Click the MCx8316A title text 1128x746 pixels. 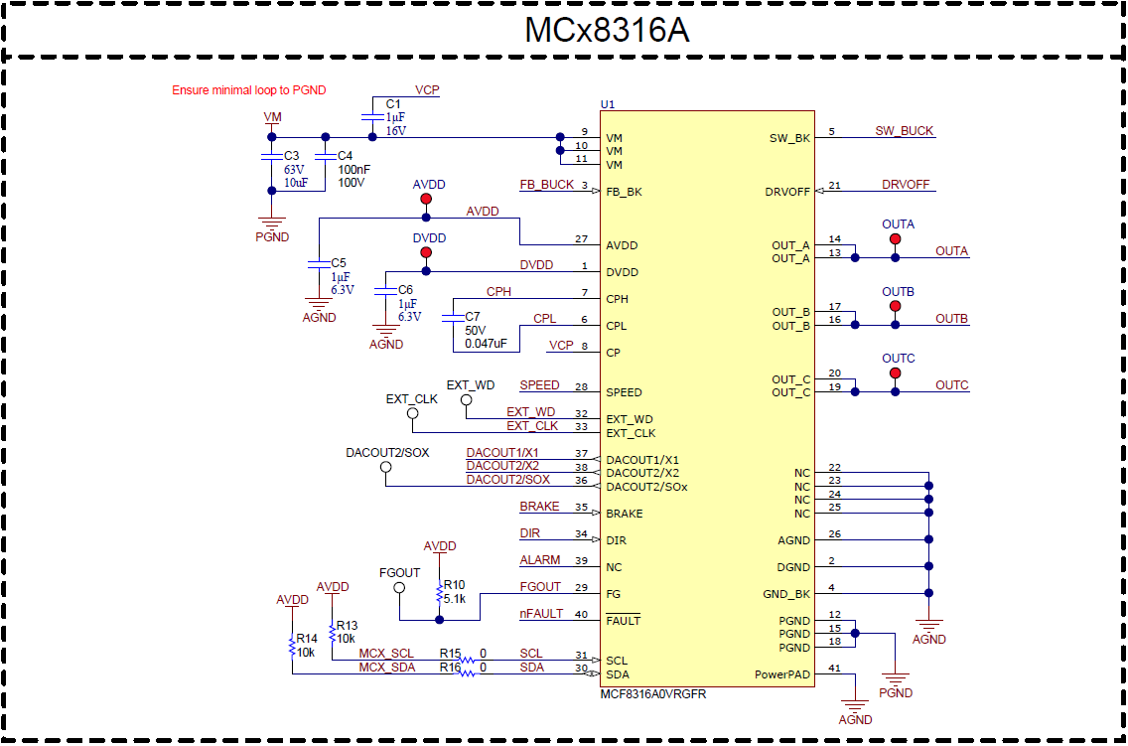pyautogui.click(x=607, y=31)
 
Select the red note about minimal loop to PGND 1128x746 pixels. pyautogui.click(x=248, y=90)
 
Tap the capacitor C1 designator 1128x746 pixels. pyautogui.click(x=393, y=104)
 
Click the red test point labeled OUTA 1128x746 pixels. pyautogui.click(x=895, y=240)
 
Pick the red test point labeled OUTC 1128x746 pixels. pyautogui.click(x=895, y=373)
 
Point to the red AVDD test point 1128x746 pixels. pyautogui.click(x=426, y=200)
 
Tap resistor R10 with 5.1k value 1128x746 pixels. pyautogui.click(x=440, y=593)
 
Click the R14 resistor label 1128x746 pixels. pyautogui.click(x=307, y=639)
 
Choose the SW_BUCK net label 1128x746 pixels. pyautogui.click(x=904, y=131)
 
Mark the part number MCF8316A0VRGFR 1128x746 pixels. pyautogui.click(x=653, y=694)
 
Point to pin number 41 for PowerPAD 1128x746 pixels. pyautogui.click(x=834, y=669)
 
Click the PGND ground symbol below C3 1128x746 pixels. pyautogui.click(x=272, y=224)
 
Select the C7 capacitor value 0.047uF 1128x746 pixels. pyautogui.click(x=486, y=344)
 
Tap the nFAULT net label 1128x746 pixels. pyautogui.click(x=540, y=614)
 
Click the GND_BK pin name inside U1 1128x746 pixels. pyautogui.click(x=786, y=594)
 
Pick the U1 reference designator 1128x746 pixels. pyautogui.click(x=608, y=104)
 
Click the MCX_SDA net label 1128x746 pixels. pyautogui.click(x=386, y=668)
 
